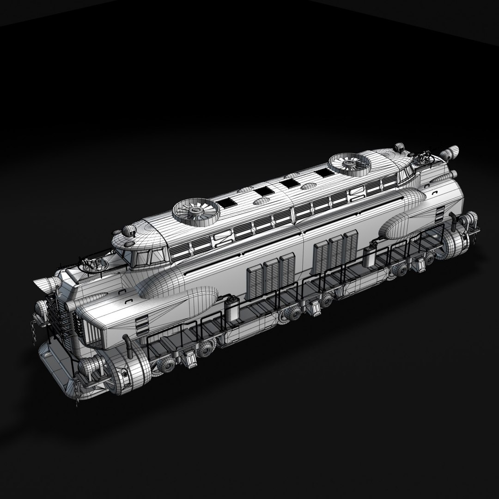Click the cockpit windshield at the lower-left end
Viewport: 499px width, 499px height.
(x=149, y=256)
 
